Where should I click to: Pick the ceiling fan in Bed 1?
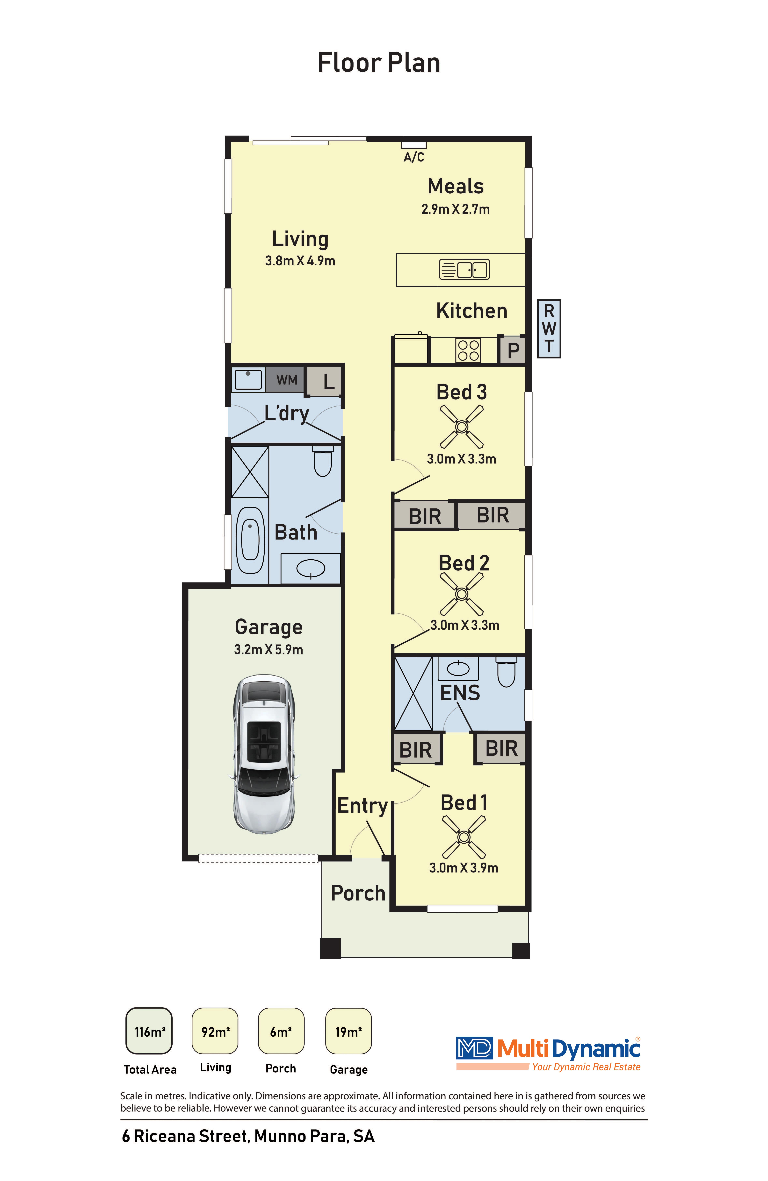[x=464, y=837]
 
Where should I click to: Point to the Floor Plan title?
[x=379, y=63]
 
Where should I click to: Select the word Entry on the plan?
[x=362, y=806]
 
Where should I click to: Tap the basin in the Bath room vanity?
[x=311, y=569]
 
